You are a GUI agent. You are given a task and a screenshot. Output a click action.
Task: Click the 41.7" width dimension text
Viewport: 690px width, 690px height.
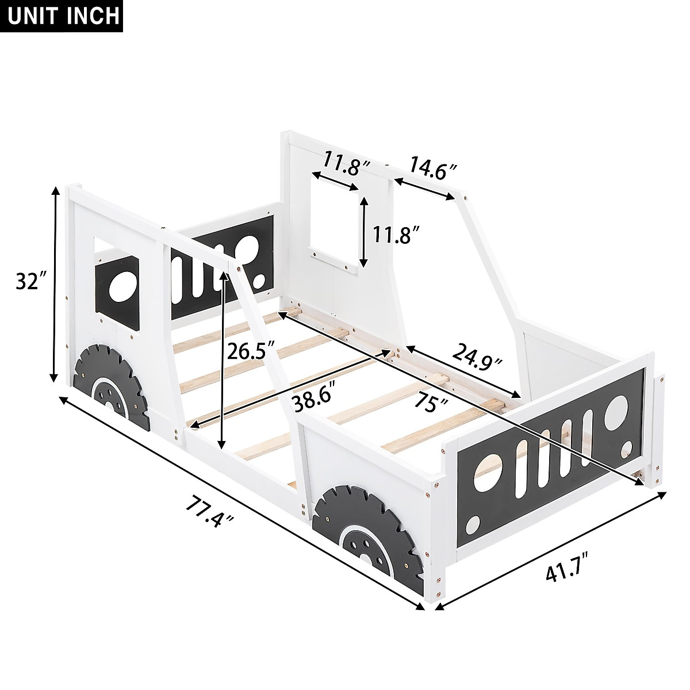click(x=561, y=574)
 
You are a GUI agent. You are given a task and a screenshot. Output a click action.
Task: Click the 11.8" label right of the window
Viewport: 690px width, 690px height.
click(x=395, y=235)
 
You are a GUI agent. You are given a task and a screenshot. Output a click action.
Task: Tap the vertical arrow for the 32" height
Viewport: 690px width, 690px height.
click(x=55, y=284)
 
